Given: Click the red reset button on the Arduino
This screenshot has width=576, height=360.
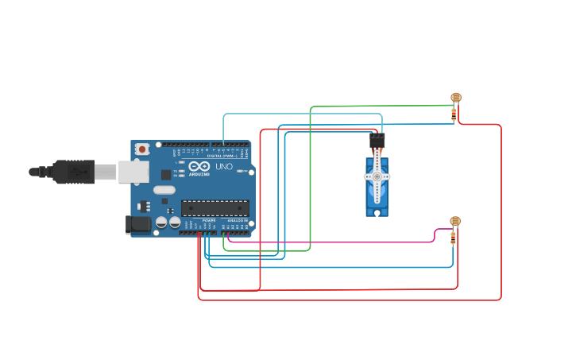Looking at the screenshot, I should [x=142, y=149].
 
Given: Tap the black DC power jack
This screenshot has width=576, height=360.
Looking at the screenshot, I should [x=138, y=224].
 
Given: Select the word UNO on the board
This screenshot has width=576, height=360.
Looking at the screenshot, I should [x=224, y=167].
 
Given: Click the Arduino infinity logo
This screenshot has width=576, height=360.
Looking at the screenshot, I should [x=199, y=167].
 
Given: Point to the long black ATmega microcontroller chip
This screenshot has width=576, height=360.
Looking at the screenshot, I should [x=215, y=208].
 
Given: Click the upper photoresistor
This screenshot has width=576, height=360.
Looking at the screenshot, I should [x=455, y=98].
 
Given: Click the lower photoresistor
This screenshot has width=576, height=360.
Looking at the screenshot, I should [x=454, y=221].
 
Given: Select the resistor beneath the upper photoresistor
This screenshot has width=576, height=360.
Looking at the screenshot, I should [x=454, y=114].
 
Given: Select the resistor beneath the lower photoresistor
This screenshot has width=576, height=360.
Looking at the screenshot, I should [x=453, y=238].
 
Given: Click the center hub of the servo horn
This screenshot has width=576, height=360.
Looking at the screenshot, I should [x=377, y=176].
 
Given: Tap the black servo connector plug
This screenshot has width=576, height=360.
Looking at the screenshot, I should [x=377, y=141].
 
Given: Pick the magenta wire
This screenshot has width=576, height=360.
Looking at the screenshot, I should [x=334, y=242].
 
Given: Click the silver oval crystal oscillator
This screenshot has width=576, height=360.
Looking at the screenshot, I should [x=164, y=190].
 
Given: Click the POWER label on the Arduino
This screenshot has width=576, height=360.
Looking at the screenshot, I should [x=208, y=221].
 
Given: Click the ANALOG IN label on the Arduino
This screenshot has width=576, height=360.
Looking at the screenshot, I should [x=238, y=221].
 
